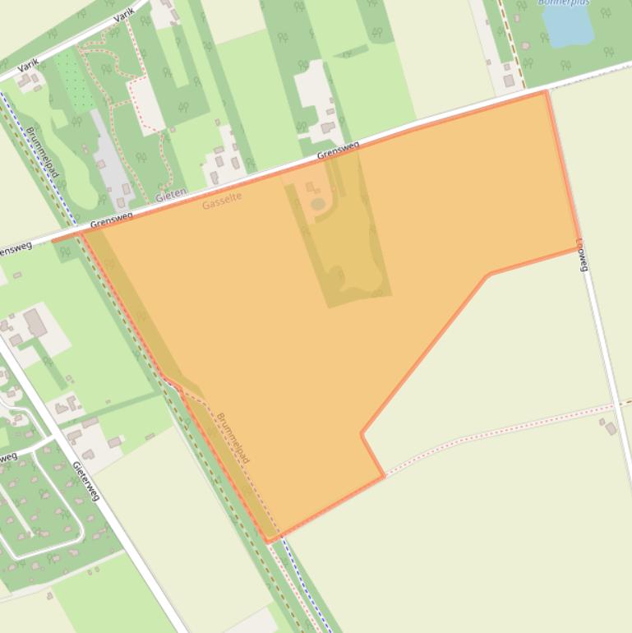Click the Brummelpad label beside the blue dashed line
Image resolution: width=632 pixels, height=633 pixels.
42,152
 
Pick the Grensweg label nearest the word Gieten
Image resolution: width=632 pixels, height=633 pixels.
112,220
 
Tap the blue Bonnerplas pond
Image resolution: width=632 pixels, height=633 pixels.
568,25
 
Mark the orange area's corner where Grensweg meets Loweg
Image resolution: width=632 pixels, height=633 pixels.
546,92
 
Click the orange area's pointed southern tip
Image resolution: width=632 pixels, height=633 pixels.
268,540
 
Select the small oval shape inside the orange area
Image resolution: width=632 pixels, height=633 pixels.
318,203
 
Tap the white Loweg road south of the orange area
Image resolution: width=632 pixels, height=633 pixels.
608,370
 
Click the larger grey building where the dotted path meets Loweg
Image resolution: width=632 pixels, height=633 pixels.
611,428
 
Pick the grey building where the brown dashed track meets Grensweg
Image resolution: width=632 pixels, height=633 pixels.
509,81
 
